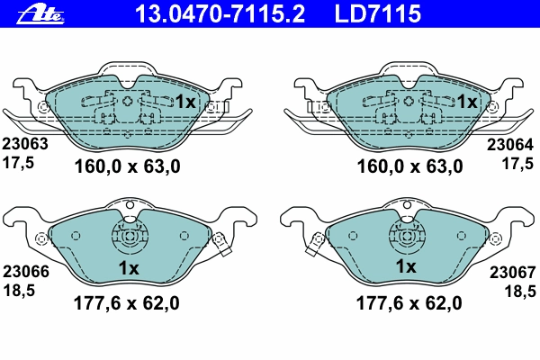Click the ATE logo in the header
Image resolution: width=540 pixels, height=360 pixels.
click(x=40, y=14)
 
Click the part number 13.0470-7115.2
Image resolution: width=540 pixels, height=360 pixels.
click(x=220, y=13)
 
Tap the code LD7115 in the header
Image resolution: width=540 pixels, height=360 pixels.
click(x=378, y=13)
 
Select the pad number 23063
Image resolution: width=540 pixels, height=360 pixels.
click(x=25, y=144)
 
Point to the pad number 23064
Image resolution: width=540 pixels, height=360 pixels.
click(x=510, y=145)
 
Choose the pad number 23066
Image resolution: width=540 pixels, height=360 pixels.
click(x=26, y=272)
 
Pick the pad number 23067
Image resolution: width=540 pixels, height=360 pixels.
click(x=513, y=273)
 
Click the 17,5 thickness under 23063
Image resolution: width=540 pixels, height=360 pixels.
click(x=19, y=163)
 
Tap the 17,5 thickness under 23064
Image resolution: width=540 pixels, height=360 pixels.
click(x=517, y=164)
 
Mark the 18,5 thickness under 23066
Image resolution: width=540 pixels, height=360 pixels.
click(x=19, y=291)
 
